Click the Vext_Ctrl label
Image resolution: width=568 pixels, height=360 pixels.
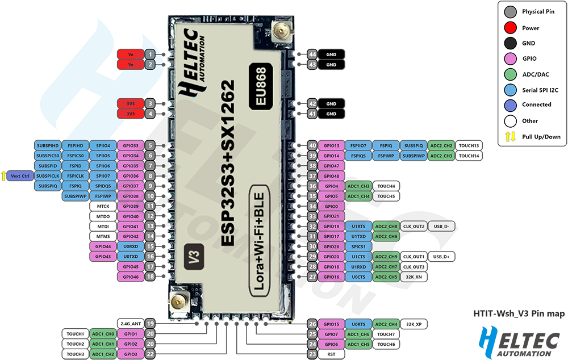click(x=20, y=176)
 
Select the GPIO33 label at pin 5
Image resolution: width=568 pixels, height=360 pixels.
click(x=130, y=145)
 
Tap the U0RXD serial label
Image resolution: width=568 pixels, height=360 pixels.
click(x=130, y=246)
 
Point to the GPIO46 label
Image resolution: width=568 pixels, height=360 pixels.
click(x=130, y=277)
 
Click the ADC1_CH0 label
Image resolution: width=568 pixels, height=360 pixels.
click(x=103, y=334)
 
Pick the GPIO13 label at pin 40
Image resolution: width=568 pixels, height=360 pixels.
click(x=331, y=145)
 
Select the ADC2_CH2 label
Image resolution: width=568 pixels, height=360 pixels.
click(x=441, y=145)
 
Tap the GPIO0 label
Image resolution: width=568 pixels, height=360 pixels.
click(x=331, y=206)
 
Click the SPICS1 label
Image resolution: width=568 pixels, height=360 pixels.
click(x=358, y=246)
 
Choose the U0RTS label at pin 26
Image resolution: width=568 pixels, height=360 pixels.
click(x=358, y=324)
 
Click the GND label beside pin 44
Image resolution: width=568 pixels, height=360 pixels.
click(x=331, y=55)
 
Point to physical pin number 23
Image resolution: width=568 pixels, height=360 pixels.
click(x=312, y=354)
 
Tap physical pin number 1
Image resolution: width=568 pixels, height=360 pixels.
click(x=149, y=55)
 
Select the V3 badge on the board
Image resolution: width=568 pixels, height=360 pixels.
click(x=194, y=256)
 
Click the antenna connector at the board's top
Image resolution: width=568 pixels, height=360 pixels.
click(x=279, y=31)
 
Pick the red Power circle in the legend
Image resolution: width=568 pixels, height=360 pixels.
click(x=510, y=27)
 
